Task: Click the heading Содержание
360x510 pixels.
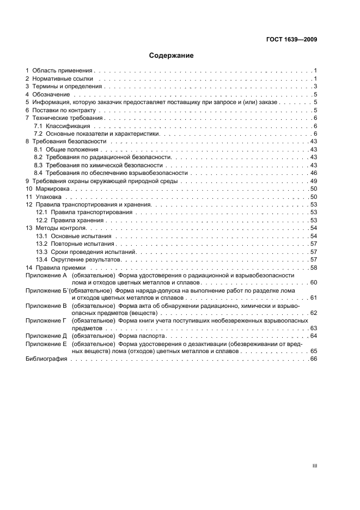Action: [x=172, y=56]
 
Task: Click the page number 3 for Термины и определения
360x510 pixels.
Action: [x=315, y=87]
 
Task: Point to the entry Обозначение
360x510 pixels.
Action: [x=52, y=95]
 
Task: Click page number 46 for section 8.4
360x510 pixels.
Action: [x=314, y=173]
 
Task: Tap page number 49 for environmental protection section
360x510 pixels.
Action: [x=314, y=181]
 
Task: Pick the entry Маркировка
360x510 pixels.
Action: [x=52, y=189]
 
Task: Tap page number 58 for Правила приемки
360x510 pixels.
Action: [x=314, y=268]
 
